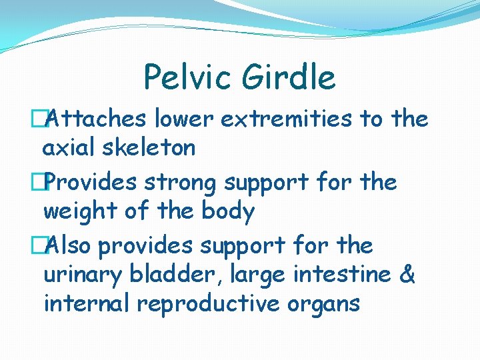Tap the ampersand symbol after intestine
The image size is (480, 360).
point(407,274)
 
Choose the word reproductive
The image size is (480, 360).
point(215,304)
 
